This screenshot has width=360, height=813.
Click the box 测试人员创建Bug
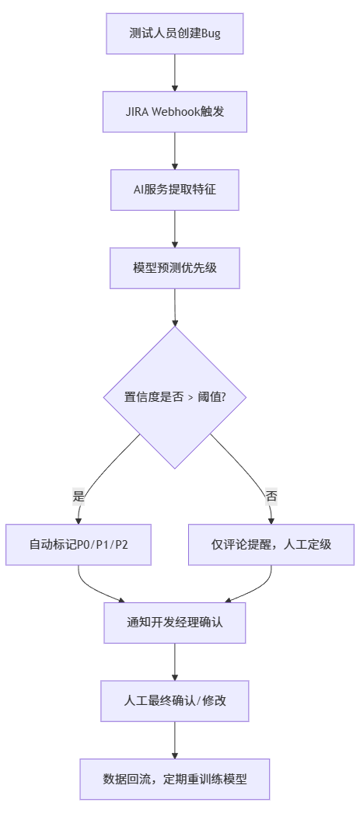pyautogui.click(x=175, y=33)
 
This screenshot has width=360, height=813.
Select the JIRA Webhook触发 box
pyautogui.click(x=175, y=111)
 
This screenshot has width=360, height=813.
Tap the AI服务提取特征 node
pyautogui.click(x=175, y=190)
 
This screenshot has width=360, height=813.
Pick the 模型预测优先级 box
pyautogui.click(x=175, y=267)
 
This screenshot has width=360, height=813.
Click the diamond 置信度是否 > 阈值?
pyautogui.click(x=175, y=396)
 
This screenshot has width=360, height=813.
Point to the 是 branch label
pyautogui.click(x=79, y=496)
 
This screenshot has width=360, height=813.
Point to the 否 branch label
pyautogui.click(x=271, y=496)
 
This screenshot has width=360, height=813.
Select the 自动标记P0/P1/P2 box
pyautogui.click(x=79, y=544)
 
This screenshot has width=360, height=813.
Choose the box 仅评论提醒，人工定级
pyautogui.click(x=271, y=544)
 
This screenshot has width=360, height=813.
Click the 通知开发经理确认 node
pyautogui.click(x=175, y=623)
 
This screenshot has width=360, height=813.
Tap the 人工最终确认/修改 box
pyautogui.click(x=175, y=700)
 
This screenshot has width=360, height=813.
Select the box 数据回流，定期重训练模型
pyautogui.click(x=175, y=779)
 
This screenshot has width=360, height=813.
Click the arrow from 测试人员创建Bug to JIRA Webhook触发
pyautogui.click(x=175, y=72)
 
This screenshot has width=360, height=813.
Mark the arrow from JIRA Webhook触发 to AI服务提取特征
pyautogui.click(x=175, y=151)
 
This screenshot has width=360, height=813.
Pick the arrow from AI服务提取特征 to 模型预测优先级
pyautogui.click(x=175, y=229)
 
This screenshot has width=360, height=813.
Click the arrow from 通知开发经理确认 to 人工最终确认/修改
pyautogui.click(x=175, y=661)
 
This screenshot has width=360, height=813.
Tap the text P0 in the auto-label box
pyautogui.click(x=84, y=544)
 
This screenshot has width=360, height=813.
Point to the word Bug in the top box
pyautogui.click(x=211, y=33)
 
